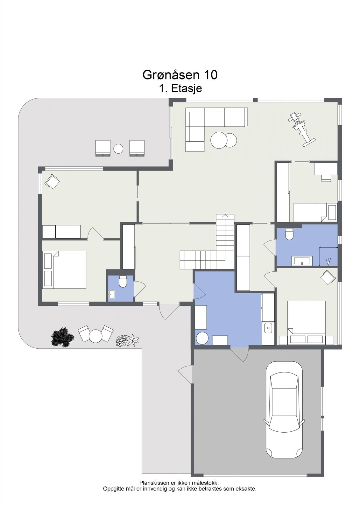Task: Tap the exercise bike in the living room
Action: tap(301, 129)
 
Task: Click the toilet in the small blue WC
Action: tap(123, 282)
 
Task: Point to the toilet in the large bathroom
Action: tap(289, 234)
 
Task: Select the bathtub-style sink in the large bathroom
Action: tap(302, 261)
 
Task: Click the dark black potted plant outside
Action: tap(62, 337)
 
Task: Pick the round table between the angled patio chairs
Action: tap(95, 337)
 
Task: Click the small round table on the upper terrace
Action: tap(118, 149)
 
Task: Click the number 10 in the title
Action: tap(211, 75)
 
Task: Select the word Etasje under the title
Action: tap(187, 88)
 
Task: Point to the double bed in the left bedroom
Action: tap(64, 270)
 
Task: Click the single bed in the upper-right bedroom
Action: tap(315, 213)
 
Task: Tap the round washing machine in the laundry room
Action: tap(202, 338)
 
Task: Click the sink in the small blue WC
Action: tap(111, 294)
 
